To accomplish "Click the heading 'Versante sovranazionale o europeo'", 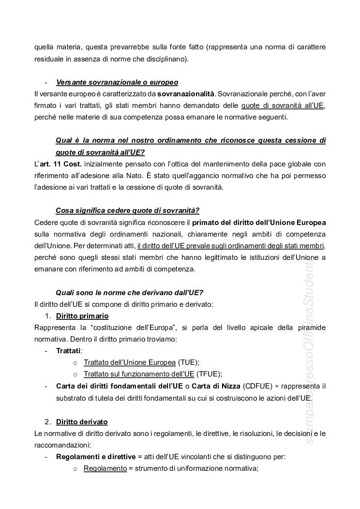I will (x=117, y=82).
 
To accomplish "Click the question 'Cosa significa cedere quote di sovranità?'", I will (x=127, y=210).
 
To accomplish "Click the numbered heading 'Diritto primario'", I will (x=82, y=316).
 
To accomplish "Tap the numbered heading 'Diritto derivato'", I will (x=82, y=422).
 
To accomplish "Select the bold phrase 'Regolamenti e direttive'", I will (x=96, y=456).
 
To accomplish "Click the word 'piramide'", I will (x=311, y=328).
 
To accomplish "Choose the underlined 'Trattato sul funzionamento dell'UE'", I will (x=139, y=374).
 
